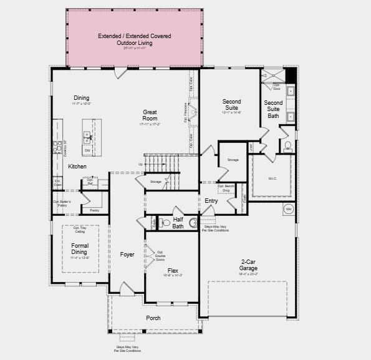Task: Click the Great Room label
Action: point(150,115)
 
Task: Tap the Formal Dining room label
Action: point(80,249)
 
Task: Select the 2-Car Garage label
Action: point(249,265)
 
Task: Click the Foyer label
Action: point(127,255)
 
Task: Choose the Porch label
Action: point(153,318)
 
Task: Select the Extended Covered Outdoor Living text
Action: point(134,39)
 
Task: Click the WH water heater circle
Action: point(289,208)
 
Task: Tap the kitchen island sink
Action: point(89,138)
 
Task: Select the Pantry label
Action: point(94,211)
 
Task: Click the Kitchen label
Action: point(77,167)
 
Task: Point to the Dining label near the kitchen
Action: point(82,98)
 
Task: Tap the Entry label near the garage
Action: point(211,201)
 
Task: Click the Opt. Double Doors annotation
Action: point(160,255)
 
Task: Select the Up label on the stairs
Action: point(140,164)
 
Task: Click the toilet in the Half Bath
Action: point(166,222)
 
